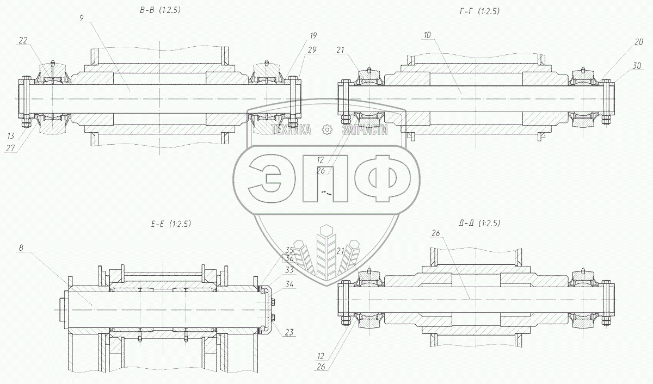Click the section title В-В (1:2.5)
click(161, 10)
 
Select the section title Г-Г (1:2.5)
click(479, 11)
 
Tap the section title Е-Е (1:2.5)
click(171, 224)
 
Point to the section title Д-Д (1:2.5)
click(479, 223)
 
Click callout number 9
click(81, 18)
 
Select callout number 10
click(427, 35)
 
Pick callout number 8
click(21, 248)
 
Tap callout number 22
click(23, 40)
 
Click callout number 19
click(313, 36)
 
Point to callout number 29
click(312, 50)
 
